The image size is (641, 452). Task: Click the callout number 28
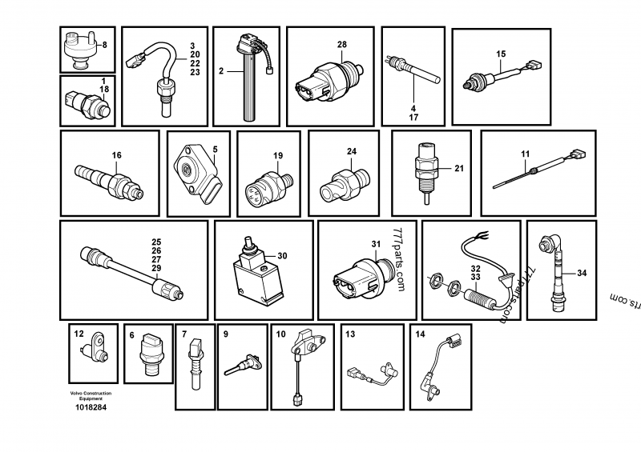tap(342, 44)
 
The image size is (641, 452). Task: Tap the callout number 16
tap(116, 154)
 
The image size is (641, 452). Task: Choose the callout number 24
tap(351, 151)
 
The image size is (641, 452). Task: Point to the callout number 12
tap(79, 332)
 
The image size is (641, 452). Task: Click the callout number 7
tap(184, 333)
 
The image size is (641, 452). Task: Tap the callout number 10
tap(280, 333)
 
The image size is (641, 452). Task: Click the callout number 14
tap(420, 333)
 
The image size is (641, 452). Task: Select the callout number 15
tap(501, 54)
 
